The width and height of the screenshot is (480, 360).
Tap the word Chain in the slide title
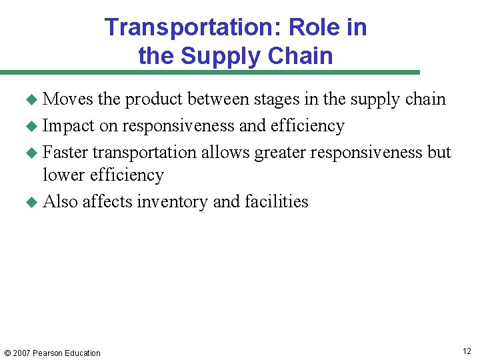pyautogui.click(x=299, y=55)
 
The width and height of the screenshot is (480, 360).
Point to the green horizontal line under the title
pyautogui.click(x=210, y=72)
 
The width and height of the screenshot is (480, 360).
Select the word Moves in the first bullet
pyautogui.click(x=68, y=99)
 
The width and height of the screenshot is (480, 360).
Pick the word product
pyautogui.click(x=154, y=100)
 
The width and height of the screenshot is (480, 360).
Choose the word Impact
pyautogui.click(x=69, y=126)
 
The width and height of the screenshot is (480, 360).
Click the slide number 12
pyautogui.click(x=467, y=351)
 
